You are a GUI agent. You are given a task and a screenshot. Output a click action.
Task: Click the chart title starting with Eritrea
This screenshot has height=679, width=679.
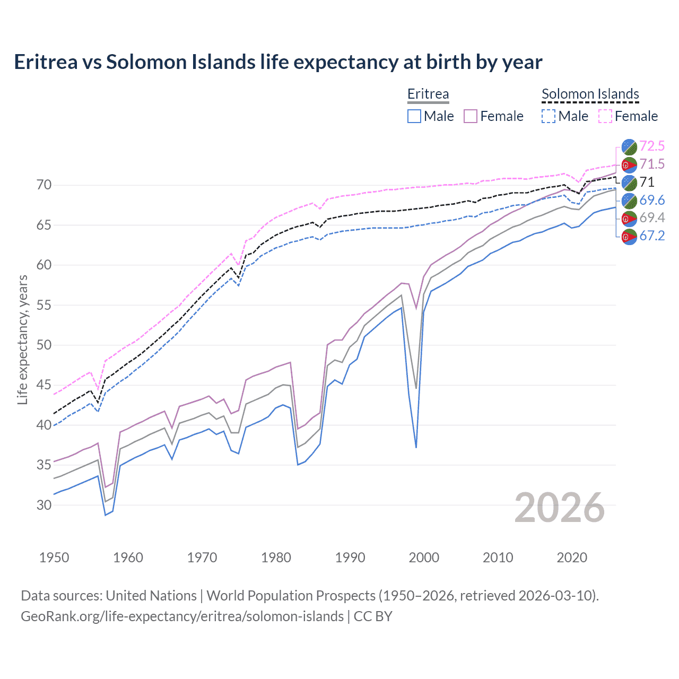pyautogui.click(x=278, y=62)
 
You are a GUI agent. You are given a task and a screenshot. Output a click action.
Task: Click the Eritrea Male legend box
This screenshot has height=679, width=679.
pyautogui.click(x=414, y=116)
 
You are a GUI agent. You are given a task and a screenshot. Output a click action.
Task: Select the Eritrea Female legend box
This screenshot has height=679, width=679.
pyautogui.click(x=471, y=116)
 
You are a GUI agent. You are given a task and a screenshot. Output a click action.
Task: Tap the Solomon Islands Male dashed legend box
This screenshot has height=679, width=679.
pyautogui.click(x=549, y=116)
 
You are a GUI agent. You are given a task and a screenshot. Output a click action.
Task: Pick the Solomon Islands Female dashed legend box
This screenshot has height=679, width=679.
pyautogui.click(x=605, y=116)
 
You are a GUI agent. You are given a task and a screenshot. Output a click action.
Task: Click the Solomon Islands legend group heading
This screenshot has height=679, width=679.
pyautogui.click(x=590, y=94)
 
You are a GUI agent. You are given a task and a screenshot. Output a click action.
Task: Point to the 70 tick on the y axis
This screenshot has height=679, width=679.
pyautogui.click(x=44, y=185)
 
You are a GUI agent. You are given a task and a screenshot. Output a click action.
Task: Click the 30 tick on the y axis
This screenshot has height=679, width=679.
pyautogui.click(x=44, y=505)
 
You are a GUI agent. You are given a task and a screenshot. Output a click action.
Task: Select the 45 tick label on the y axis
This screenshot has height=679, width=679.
pyautogui.click(x=44, y=385)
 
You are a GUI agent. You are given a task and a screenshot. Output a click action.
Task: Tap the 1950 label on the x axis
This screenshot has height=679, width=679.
pyautogui.click(x=54, y=558)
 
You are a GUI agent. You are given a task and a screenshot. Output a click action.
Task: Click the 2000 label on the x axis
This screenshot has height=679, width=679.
pyautogui.click(x=424, y=558)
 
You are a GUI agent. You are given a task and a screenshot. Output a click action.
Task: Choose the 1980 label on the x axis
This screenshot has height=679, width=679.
pyautogui.click(x=276, y=558)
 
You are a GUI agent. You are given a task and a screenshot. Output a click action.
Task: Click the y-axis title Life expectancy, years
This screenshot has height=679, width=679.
pyautogui.click(x=22, y=339)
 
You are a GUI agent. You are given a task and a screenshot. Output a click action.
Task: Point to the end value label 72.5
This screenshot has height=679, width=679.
pyautogui.click(x=652, y=146)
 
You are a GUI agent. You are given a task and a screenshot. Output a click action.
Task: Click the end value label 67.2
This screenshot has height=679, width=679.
pyautogui.click(x=652, y=236)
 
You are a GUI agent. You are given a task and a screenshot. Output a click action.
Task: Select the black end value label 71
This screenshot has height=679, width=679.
pyautogui.click(x=647, y=182)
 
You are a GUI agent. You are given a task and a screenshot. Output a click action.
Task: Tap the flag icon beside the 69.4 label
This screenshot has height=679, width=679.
pyautogui.click(x=629, y=218)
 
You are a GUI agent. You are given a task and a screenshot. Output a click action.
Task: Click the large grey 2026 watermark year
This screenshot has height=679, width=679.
pyautogui.click(x=559, y=508)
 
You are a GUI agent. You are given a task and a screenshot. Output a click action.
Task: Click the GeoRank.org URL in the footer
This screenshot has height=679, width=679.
pyautogui.click(x=182, y=616)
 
